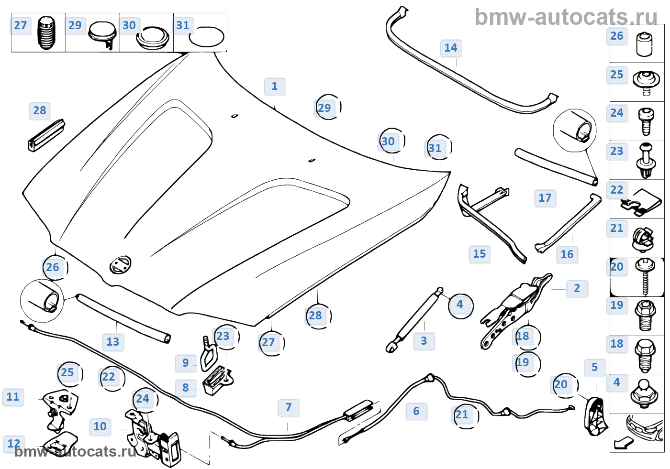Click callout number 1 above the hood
(x=275, y=87)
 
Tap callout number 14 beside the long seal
(x=451, y=48)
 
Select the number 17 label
(x=545, y=198)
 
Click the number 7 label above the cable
(x=288, y=408)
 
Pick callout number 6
(x=416, y=412)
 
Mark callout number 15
(x=480, y=254)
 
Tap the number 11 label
(x=13, y=397)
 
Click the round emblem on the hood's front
(x=120, y=265)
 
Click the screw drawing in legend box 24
(x=645, y=121)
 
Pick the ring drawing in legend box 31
(x=206, y=36)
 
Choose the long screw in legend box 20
(x=645, y=277)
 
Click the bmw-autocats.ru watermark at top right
(x=566, y=18)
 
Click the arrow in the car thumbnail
(x=623, y=443)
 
